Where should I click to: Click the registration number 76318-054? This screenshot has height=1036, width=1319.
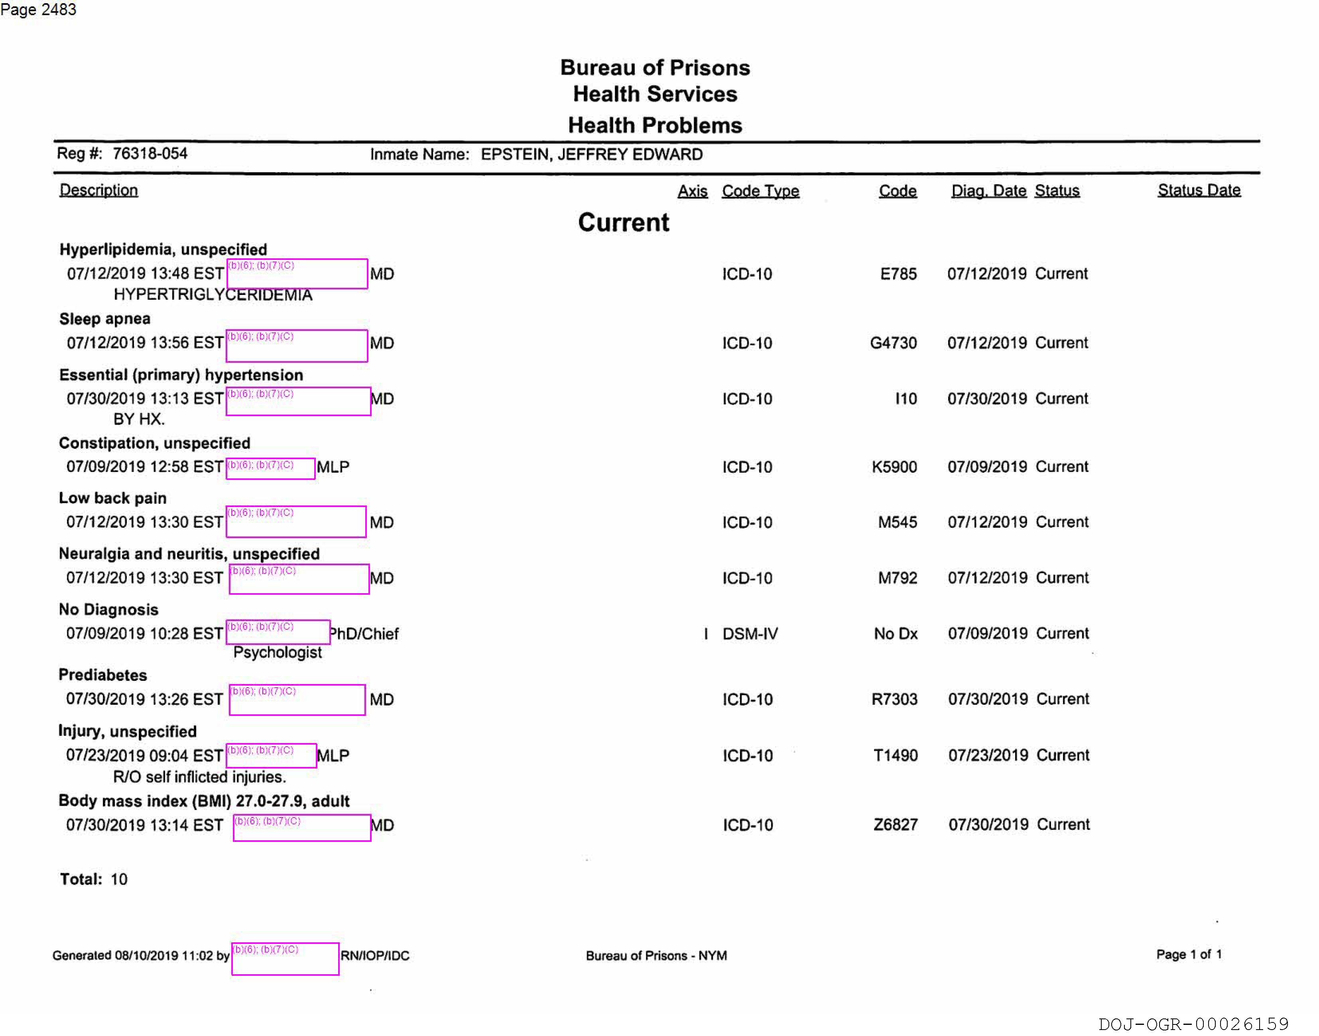point(150,153)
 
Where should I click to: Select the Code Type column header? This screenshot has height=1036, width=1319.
point(760,191)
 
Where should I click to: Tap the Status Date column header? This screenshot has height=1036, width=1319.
point(1198,191)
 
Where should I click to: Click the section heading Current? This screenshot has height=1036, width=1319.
point(623,222)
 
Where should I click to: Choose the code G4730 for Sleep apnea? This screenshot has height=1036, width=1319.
point(893,343)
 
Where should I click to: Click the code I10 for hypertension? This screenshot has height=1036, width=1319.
point(906,399)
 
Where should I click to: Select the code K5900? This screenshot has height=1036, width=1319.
point(894,467)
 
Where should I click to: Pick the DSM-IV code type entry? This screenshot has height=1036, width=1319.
point(750,634)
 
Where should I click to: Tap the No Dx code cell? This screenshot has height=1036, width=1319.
point(896,634)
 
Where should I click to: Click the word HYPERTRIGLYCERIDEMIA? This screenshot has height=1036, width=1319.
point(213,295)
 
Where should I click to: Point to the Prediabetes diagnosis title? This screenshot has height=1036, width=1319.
point(102,675)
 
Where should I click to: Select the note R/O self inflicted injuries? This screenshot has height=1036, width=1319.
point(199,777)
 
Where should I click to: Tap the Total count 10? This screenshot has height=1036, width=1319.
point(119,879)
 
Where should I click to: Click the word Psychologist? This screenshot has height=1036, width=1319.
point(277,653)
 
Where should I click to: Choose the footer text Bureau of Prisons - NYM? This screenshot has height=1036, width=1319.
point(656,956)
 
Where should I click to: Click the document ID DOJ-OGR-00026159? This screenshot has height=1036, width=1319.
point(1193,1024)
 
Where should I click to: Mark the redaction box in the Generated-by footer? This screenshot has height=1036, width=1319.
point(285,959)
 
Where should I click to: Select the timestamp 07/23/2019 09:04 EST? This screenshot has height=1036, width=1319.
point(144,756)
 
